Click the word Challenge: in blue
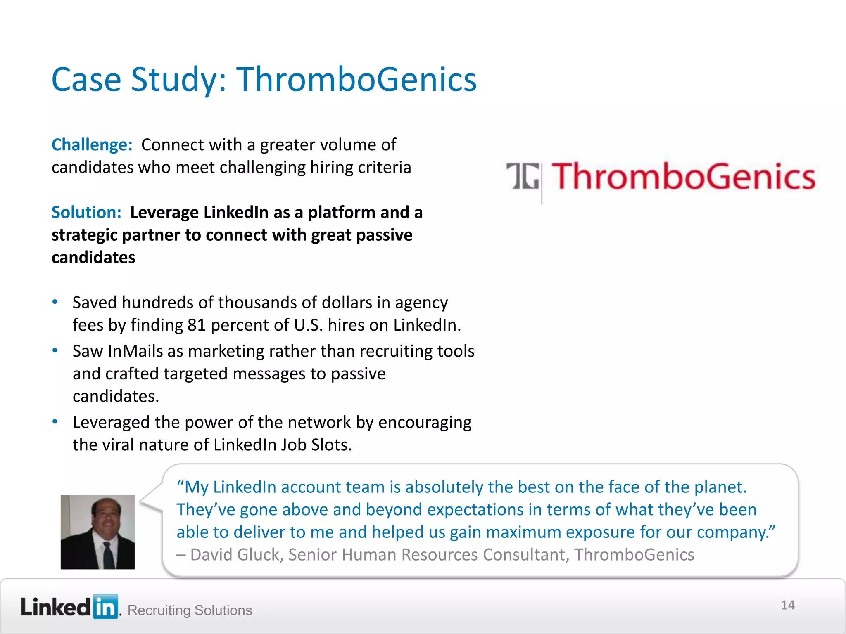click(x=92, y=145)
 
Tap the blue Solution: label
click(x=86, y=212)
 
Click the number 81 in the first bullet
click(x=197, y=325)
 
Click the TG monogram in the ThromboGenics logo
click(x=523, y=177)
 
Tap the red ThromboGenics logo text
click(x=684, y=177)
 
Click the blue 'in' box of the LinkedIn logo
click(x=105, y=607)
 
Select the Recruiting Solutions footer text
click(x=190, y=610)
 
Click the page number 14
click(x=787, y=605)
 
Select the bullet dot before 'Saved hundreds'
click(x=55, y=302)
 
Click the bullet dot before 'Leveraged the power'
click(x=55, y=422)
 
